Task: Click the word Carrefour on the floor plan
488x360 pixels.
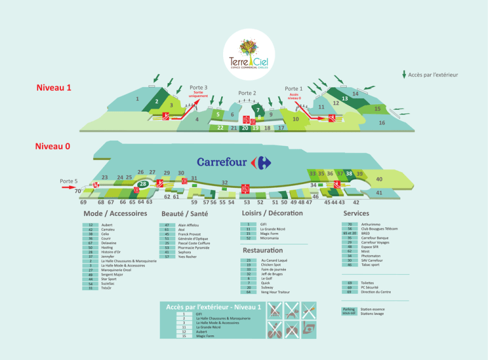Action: click(222, 162)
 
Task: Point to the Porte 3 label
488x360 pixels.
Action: click(198, 87)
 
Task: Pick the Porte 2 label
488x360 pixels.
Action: click(247, 93)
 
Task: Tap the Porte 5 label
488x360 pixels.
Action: click(69, 181)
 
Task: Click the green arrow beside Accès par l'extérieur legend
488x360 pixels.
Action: click(404, 74)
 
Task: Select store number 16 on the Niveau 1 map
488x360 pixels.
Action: click(382, 123)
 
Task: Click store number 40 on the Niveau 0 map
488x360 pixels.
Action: click(379, 180)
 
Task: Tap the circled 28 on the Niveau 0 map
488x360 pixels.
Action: click(144, 184)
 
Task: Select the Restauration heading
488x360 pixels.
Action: click(262, 251)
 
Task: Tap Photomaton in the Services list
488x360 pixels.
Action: click(372, 256)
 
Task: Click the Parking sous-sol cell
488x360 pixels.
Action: click(349, 311)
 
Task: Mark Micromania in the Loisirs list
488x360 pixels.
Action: click(272, 238)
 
